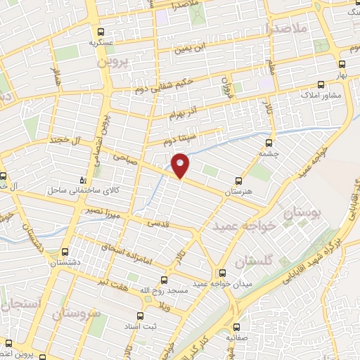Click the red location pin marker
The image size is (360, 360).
click(181, 165)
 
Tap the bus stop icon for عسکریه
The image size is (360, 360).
click(101, 32)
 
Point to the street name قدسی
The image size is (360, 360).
click(157, 224)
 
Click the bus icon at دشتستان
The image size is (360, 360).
click(65, 251)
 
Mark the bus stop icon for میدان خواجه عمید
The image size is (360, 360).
click(222, 272)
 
